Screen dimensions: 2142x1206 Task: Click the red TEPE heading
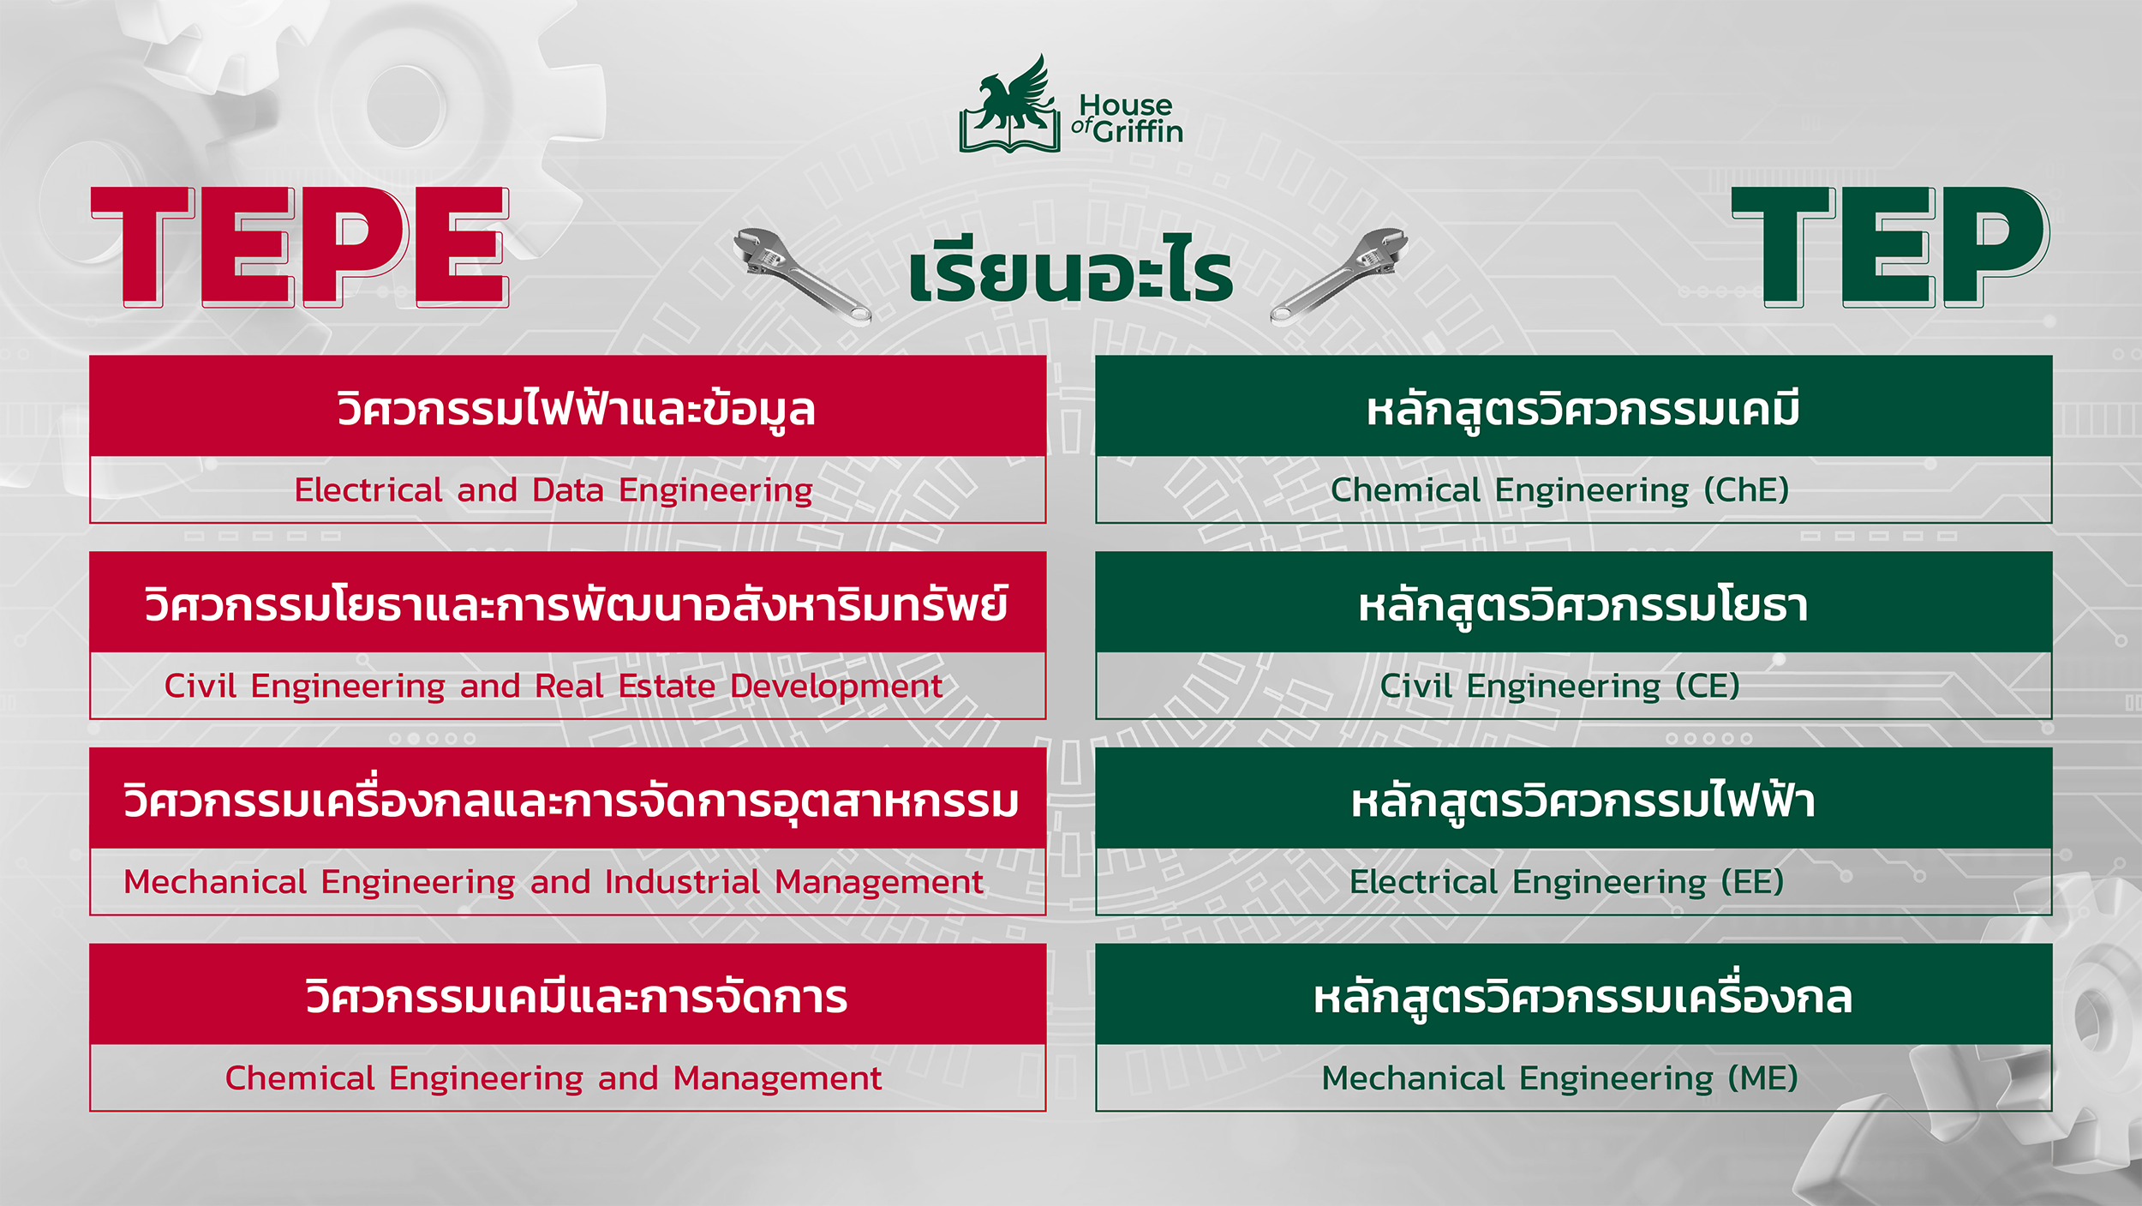300,247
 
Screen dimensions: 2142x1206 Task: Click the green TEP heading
1891,247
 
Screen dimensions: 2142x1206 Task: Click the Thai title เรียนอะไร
1071,270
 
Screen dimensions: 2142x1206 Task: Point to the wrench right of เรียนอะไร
1339,276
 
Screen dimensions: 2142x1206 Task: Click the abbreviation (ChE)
1746,490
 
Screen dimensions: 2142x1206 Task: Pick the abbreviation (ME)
1762,1078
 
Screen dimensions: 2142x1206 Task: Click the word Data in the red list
568,490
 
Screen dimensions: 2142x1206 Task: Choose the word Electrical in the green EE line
1423,882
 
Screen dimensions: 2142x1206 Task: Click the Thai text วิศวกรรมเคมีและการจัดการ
577,997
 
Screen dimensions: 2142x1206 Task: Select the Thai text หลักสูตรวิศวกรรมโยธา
1583,605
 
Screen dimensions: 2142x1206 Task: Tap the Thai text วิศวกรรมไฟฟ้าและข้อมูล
576,410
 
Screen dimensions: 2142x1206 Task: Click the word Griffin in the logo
1138,131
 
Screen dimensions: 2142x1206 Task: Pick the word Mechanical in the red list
215,882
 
